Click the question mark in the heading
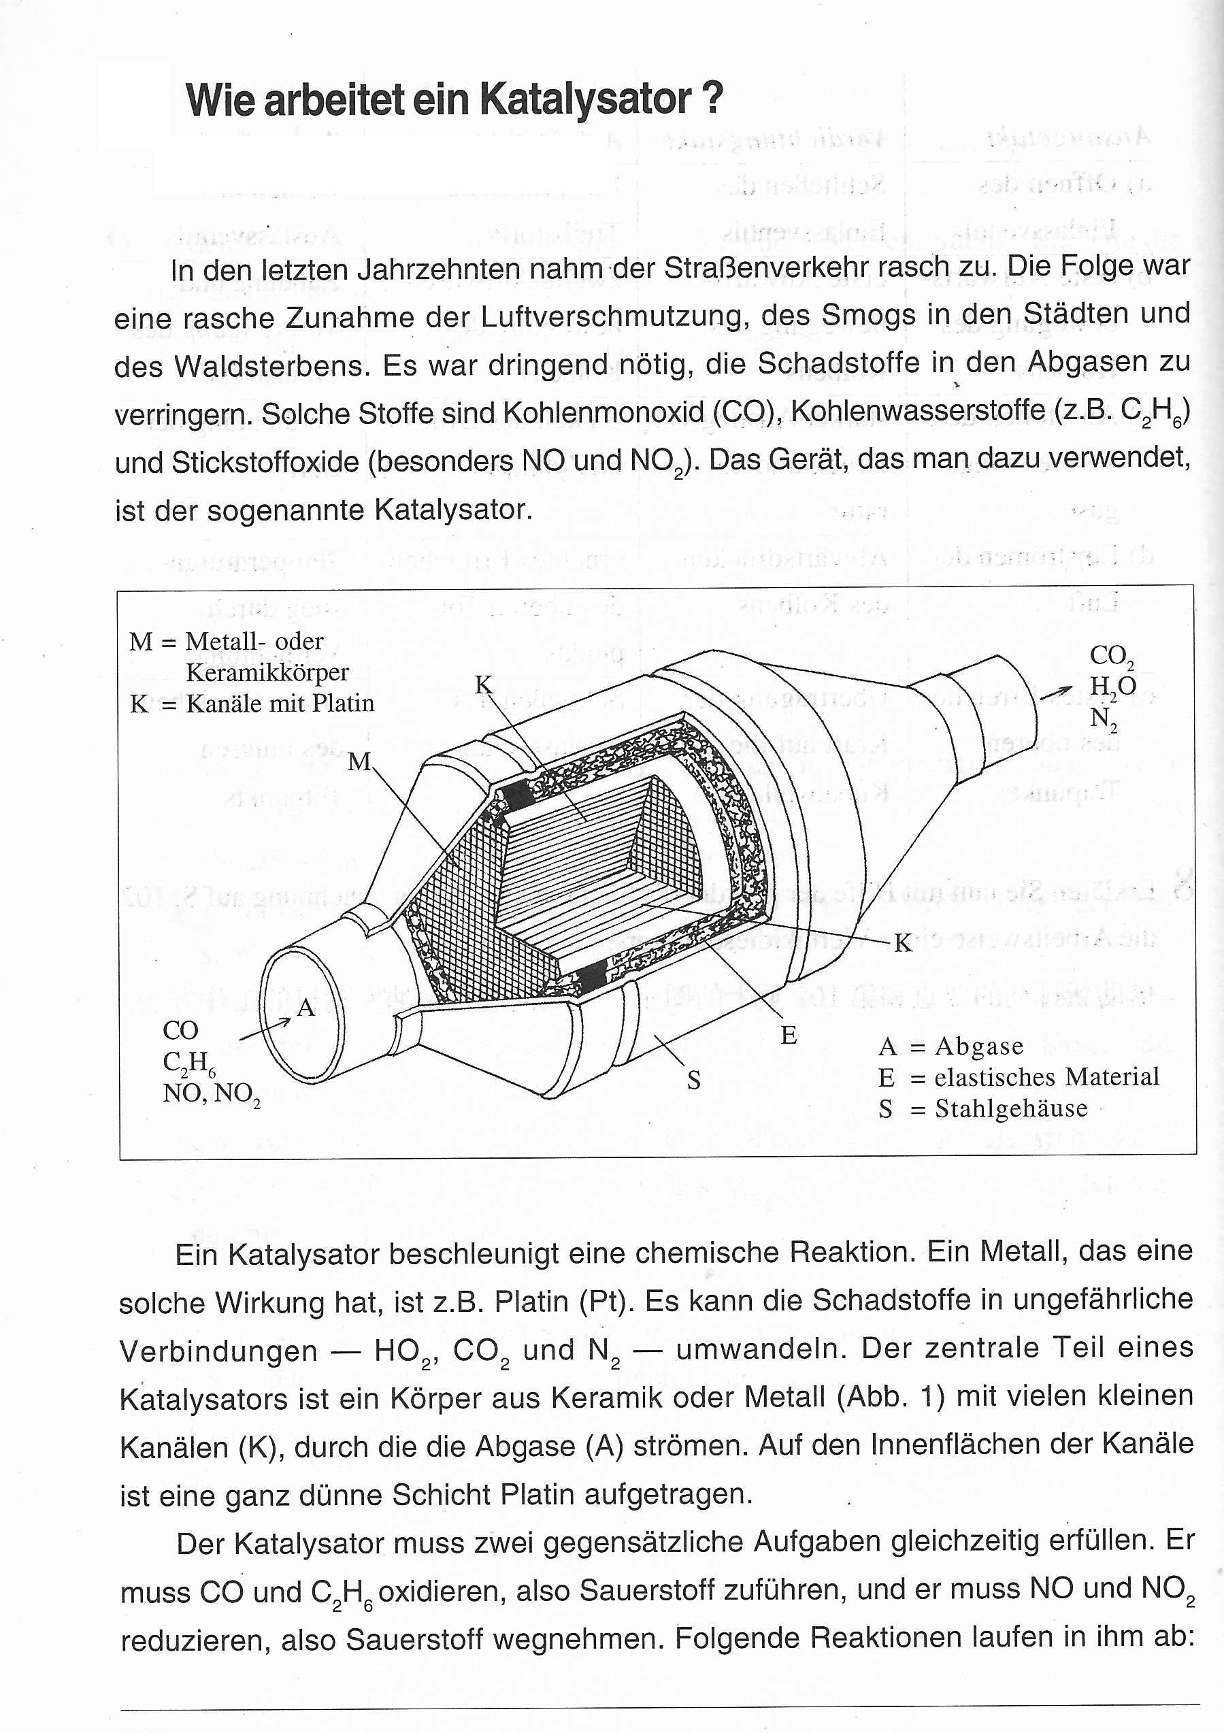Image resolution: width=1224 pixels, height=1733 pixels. pyautogui.click(x=712, y=98)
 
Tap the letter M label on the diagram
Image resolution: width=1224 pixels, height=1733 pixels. pyautogui.click(x=359, y=762)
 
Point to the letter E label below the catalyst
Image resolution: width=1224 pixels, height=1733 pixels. pyautogui.click(x=789, y=1035)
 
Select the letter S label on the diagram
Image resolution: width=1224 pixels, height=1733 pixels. pyautogui.click(x=693, y=1081)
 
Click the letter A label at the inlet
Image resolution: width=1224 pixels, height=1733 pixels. pyautogui.click(x=305, y=1007)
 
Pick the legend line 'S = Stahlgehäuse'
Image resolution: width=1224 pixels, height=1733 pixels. pyautogui.click(x=982, y=1108)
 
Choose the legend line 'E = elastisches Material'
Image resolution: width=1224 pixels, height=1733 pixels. pyautogui.click(x=1018, y=1076)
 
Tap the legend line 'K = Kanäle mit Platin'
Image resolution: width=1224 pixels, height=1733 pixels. pyautogui.click(x=252, y=704)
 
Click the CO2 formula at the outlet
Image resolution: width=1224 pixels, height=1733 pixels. pyautogui.click(x=1112, y=657)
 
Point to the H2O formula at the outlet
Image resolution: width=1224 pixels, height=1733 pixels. pyautogui.click(x=1112, y=686)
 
